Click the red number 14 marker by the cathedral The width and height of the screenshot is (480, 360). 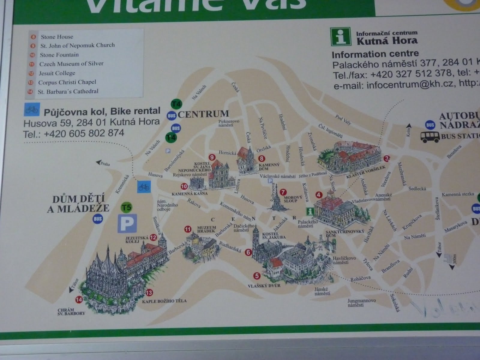click(79, 299)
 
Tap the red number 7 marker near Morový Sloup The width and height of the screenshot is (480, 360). click(282, 192)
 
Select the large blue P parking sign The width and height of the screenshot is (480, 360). click(127, 223)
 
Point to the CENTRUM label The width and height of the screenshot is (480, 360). click(203, 114)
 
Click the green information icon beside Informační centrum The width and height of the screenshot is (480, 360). click(340, 37)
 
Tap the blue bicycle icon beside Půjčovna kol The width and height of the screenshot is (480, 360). click(32, 110)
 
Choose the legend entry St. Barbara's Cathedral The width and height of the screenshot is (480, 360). click(68, 91)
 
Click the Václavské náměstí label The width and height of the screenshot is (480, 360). click(277, 176)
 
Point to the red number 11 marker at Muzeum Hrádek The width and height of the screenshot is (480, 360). click(188, 230)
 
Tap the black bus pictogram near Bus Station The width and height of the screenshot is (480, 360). click(430, 137)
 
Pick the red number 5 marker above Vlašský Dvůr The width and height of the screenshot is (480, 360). click(256, 276)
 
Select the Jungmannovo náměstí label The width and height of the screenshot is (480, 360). click(361, 302)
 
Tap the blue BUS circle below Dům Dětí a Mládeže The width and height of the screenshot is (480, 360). click(98, 219)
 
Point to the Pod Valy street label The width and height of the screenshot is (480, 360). click(343, 120)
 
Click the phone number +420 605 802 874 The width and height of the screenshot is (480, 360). click(84, 133)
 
